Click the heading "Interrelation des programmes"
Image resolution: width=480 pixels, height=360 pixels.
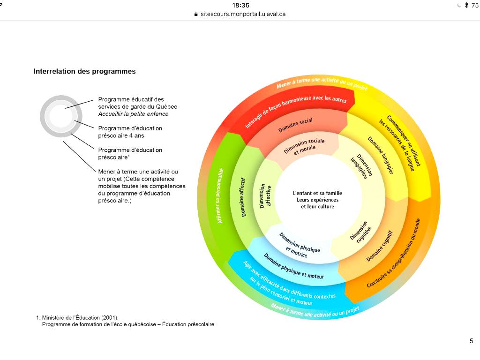84,72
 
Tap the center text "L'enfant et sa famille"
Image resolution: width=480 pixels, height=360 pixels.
317,193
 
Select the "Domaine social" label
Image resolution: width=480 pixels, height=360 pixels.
295,125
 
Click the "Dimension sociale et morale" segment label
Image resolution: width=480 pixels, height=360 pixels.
305,146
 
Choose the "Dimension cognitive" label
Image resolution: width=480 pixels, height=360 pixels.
360,231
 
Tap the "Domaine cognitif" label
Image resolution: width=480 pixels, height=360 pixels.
379,246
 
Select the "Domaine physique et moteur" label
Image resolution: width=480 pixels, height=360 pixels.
293,266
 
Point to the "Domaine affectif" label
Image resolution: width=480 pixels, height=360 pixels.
244,197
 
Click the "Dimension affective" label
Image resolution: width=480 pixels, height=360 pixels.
265,195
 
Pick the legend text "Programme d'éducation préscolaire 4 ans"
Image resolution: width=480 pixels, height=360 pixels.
130,132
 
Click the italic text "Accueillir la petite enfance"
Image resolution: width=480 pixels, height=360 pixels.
133,114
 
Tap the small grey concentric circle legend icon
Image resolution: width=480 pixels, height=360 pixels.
61,116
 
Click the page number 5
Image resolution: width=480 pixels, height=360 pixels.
471,341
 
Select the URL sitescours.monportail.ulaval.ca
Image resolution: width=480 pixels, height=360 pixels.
243,14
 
